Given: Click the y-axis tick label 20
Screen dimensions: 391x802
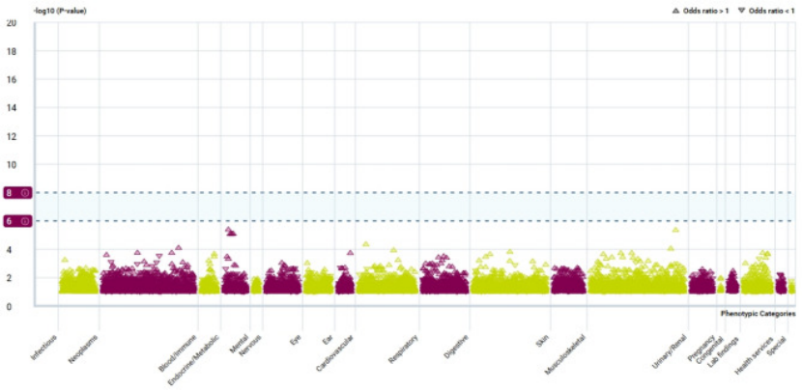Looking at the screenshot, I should (x=11, y=22).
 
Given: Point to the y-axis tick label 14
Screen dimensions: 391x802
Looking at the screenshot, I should (x=11, y=108).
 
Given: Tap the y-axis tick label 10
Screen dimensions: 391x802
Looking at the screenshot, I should (x=11, y=165).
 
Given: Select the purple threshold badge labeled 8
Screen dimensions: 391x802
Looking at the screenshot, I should (x=18, y=193).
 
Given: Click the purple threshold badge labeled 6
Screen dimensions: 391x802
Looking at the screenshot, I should (x=18, y=221).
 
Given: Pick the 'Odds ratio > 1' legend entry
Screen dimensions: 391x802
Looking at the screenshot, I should (x=701, y=10).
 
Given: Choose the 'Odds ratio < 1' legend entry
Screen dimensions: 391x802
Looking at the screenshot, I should (x=765, y=10).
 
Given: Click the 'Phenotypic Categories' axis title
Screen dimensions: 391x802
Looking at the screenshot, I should (x=759, y=314).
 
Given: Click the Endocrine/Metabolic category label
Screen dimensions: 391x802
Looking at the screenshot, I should (x=201, y=354).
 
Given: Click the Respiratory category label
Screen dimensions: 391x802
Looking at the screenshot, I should (x=404, y=349).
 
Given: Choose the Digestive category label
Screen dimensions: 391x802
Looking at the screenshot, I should (x=457, y=348).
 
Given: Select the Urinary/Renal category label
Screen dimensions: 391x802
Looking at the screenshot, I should (x=670, y=350).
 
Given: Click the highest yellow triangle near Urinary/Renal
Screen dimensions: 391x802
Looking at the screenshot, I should (x=675, y=230).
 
